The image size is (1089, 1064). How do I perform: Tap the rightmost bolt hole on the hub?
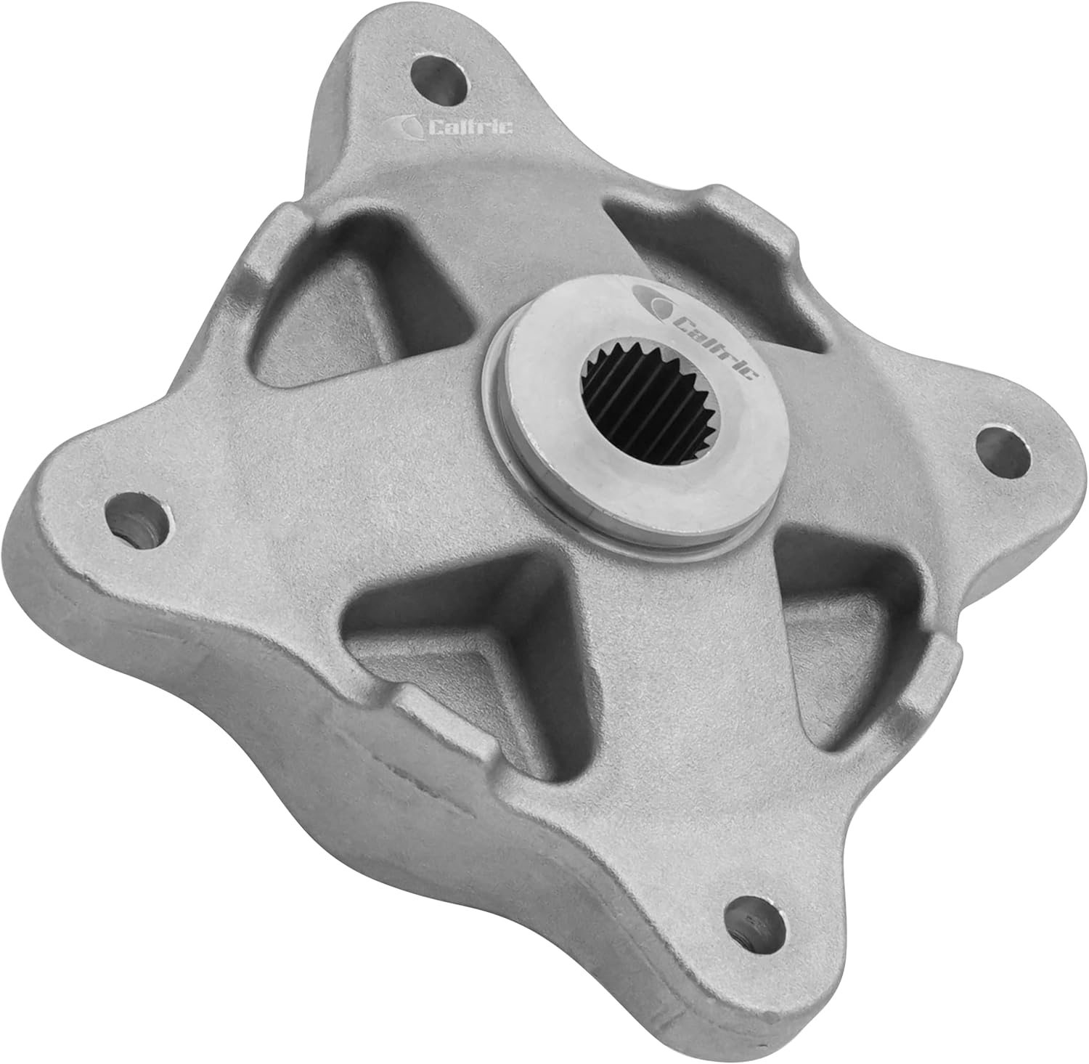(1003, 449)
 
